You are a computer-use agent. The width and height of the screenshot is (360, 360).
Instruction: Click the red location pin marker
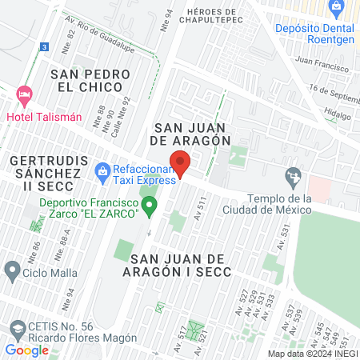point(180,162)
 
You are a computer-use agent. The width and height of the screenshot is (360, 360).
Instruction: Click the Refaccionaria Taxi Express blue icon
point(102,170)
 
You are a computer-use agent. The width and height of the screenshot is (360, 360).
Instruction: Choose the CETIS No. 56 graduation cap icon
point(18,329)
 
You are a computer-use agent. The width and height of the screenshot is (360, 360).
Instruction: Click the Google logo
point(26,350)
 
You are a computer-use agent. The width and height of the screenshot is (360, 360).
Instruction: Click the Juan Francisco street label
point(322,60)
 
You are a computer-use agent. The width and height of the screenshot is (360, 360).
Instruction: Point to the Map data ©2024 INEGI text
point(312,353)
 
